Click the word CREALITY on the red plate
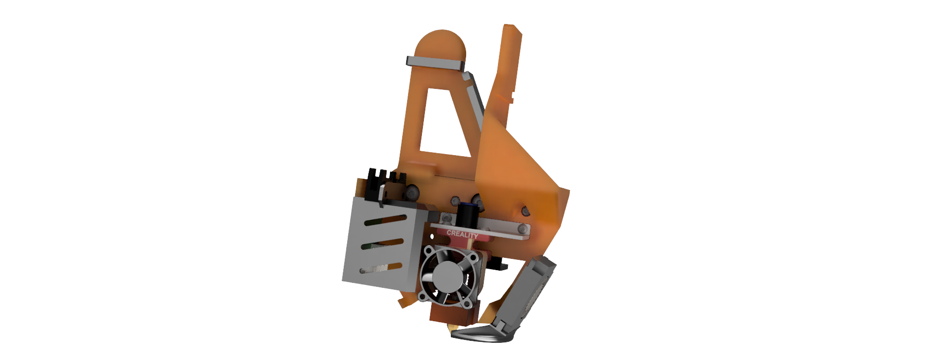click(x=462, y=234)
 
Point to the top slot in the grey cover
click(x=386, y=220)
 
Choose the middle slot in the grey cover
click(x=383, y=244)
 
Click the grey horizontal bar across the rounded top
click(x=435, y=63)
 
